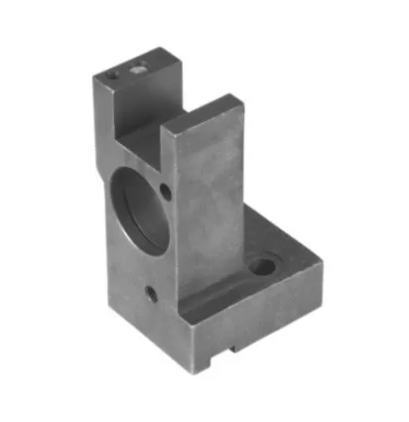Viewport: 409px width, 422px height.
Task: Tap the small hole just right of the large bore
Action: (x=166, y=189)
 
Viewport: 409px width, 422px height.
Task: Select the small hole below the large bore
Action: (x=150, y=294)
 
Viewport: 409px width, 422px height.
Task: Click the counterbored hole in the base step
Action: (x=264, y=265)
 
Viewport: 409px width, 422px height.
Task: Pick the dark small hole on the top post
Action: (x=114, y=72)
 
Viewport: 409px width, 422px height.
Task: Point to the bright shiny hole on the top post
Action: (x=137, y=70)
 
